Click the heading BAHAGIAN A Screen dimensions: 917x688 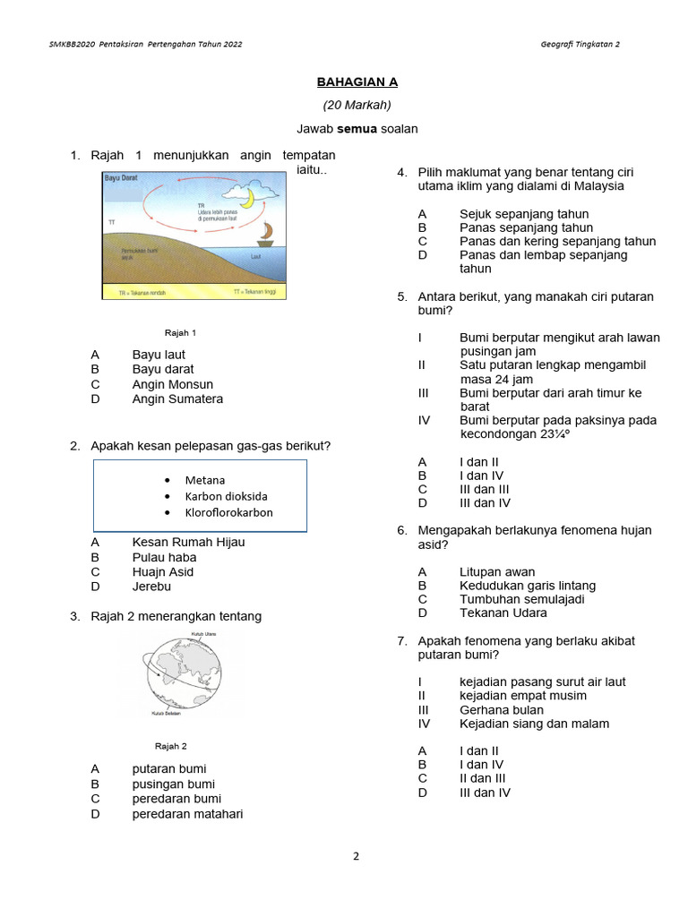(x=357, y=82)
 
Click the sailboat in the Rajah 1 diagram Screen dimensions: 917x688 (x=265, y=234)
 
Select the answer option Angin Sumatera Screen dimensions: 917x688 (x=177, y=399)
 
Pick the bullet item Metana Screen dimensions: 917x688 (x=205, y=480)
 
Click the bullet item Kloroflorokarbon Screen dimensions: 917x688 (x=228, y=513)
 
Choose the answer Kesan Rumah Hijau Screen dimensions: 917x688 (x=188, y=542)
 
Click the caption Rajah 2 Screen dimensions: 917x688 (x=171, y=746)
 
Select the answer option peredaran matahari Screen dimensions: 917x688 (x=187, y=814)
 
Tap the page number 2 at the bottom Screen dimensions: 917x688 (x=356, y=856)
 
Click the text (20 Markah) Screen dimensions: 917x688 (x=357, y=105)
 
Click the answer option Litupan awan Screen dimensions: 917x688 (x=497, y=571)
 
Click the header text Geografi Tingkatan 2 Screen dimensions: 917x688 (x=580, y=44)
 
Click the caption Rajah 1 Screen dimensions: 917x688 (x=180, y=332)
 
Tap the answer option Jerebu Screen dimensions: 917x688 (x=151, y=587)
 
